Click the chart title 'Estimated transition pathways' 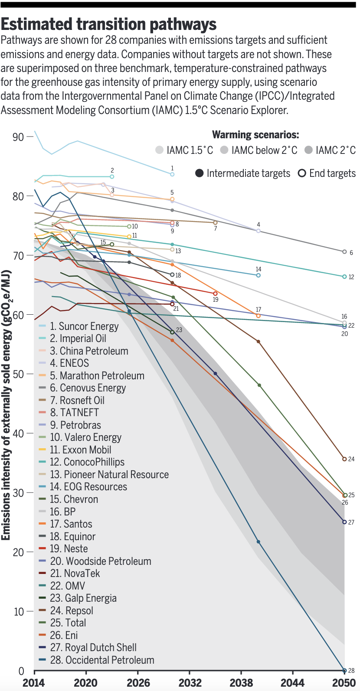click(x=109, y=24)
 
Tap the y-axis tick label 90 click(x=18, y=137)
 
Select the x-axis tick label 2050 click(x=344, y=683)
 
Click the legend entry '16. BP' click(x=63, y=512)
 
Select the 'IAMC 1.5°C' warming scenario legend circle click(x=160, y=150)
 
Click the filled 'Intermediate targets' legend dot click(x=200, y=173)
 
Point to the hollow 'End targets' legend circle click(x=302, y=173)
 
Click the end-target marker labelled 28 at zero click(x=344, y=671)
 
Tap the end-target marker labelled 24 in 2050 click(x=344, y=459)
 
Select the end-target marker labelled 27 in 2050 click(x=344, y=522)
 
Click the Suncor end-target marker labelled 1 click(x=172, y=174)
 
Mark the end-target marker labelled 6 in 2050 click(x=344, y=252)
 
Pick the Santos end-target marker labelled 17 click(x=259, y=316)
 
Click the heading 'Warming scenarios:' click(x=255, y=135)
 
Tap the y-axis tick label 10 click(x=18, y=612)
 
